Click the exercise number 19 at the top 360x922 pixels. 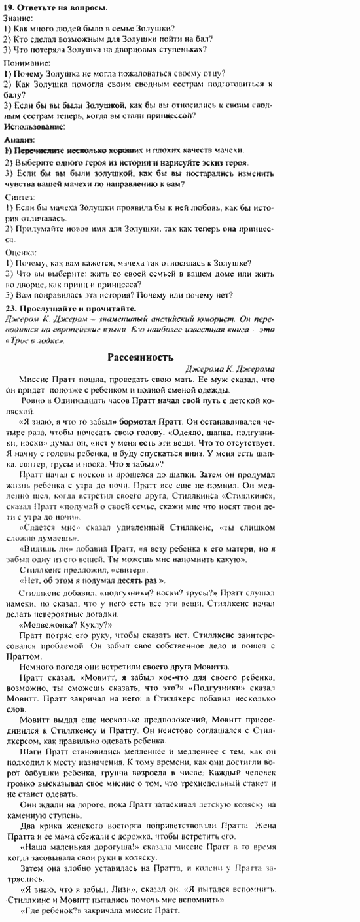[9, 7]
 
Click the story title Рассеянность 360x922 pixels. [140, 357]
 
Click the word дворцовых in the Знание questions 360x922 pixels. [135, 50]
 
